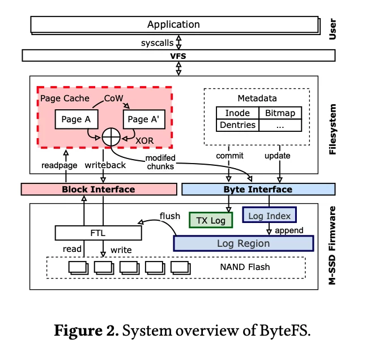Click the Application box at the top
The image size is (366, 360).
tap(173, 24)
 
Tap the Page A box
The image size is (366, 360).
tap(76, 119)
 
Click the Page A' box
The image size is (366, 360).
tap(146, 119)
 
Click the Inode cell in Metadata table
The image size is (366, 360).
tap(237, 113)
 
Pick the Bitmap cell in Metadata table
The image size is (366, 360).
tap(280, 113)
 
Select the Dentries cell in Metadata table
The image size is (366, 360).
tap(237, 125)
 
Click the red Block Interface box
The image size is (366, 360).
tap(98, 189)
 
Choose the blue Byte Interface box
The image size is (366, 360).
tap(258, 189)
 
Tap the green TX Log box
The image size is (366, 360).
tap(210, 220)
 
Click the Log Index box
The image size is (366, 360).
tap(270, 215)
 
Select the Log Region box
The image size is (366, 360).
tap(244, 243)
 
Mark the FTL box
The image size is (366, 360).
tap(97, 232)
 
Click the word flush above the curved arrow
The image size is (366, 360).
tap(170, 215)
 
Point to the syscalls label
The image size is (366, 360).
tap(156, 42)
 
